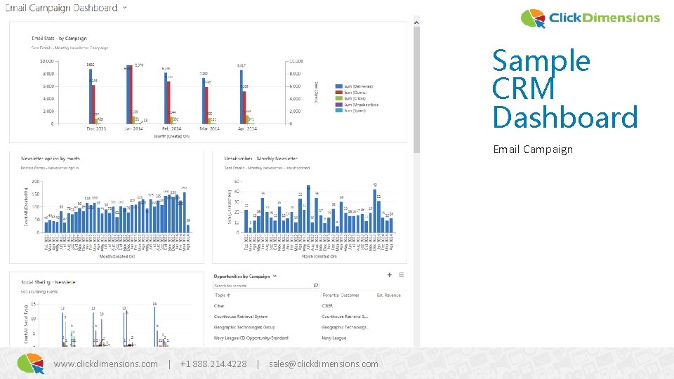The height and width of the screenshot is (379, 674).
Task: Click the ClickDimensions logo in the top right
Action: [590, 18]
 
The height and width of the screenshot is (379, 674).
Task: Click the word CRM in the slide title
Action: [523, 89]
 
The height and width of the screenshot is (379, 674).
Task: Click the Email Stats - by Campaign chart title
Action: [60, 38]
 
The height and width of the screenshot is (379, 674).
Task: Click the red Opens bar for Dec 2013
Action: [93, 102]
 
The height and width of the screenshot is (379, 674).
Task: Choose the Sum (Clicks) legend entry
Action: [357, 98]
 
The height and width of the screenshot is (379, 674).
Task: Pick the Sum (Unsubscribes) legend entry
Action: [360, 105]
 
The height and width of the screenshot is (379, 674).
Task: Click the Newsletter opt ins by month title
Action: [51, 159]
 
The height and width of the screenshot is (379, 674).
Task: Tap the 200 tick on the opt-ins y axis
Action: [35, 182]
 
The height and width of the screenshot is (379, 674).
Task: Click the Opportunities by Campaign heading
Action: [242, 277]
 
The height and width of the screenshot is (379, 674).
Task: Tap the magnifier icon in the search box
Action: [315, 285]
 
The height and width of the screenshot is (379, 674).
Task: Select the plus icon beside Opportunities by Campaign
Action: [390, 275]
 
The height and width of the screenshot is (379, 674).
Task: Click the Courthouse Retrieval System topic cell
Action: [241, 317]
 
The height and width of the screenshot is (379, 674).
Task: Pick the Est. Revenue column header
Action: [388, 295]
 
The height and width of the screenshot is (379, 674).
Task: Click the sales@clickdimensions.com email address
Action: [323, 364]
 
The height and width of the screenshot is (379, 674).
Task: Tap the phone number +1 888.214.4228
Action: [213, 364]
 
